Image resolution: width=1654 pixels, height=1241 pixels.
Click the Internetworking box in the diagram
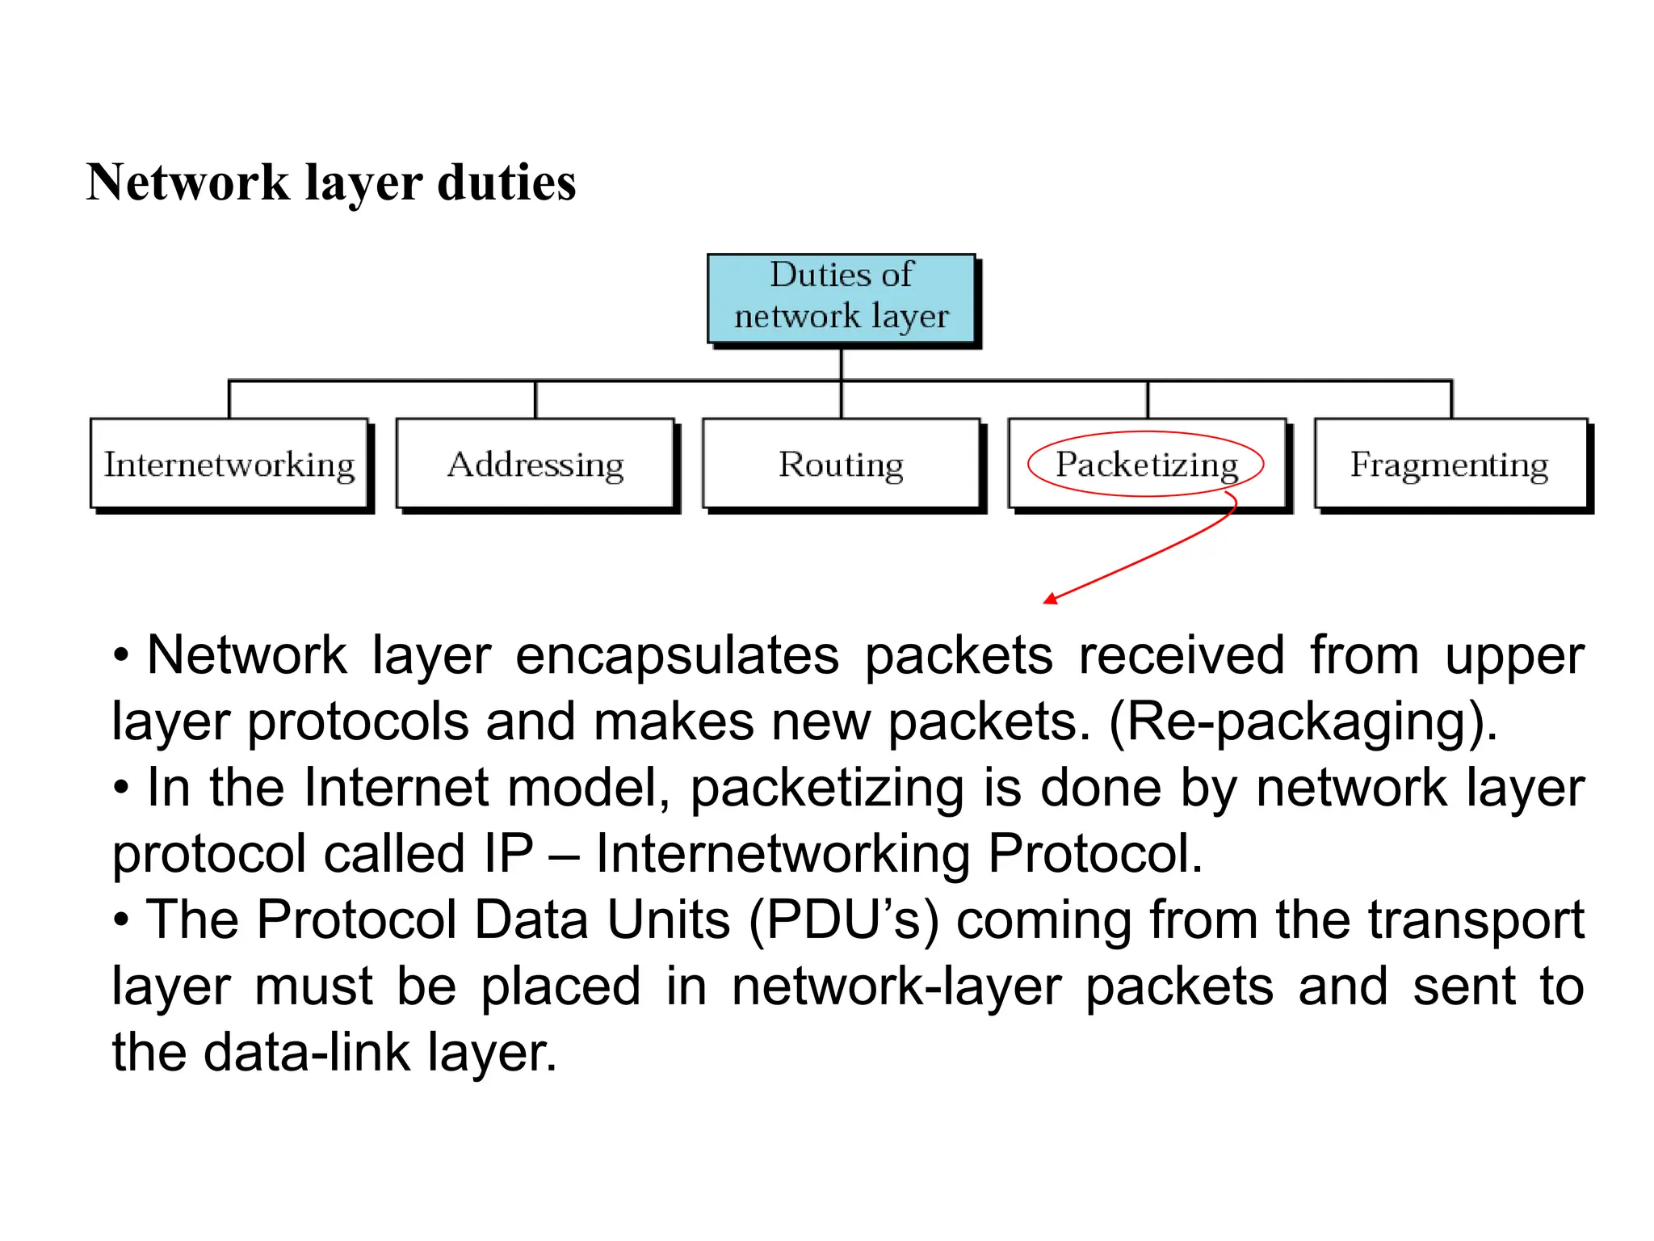(x=229, y=464)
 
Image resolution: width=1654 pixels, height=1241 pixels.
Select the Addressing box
(x=535, y=464)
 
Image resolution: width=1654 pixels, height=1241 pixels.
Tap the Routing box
(x=841, y=464)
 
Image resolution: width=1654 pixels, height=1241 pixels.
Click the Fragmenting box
(x=1450, y=464)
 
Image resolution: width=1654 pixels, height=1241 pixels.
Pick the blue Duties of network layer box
(x=841, y=297)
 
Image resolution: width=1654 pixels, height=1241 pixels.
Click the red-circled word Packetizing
(x=1146, y=465)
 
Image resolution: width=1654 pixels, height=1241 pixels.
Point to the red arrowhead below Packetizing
(x=1051, y=599)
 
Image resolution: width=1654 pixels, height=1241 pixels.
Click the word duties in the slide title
(x=506, y=183)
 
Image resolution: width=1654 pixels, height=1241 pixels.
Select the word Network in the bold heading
(x=187, y=183)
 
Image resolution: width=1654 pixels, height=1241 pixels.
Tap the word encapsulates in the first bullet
(x=677, y=655)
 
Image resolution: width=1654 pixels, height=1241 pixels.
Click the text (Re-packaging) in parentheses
(x=1303, y=721)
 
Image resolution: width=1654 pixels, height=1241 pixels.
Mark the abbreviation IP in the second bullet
(x=509, y=854)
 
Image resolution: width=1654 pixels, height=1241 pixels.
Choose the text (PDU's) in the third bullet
(x=844, y=920)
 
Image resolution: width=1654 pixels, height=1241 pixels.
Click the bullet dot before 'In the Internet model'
(x=121, y=789)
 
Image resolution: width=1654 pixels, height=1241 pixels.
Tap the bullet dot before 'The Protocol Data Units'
(x=121, y=921)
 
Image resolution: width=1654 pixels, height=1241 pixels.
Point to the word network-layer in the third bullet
(x=896, y=986)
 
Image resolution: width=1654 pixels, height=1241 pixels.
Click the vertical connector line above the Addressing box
(x=535, y=399)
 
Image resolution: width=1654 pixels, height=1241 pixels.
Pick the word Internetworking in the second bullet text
(x=783, y=854)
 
